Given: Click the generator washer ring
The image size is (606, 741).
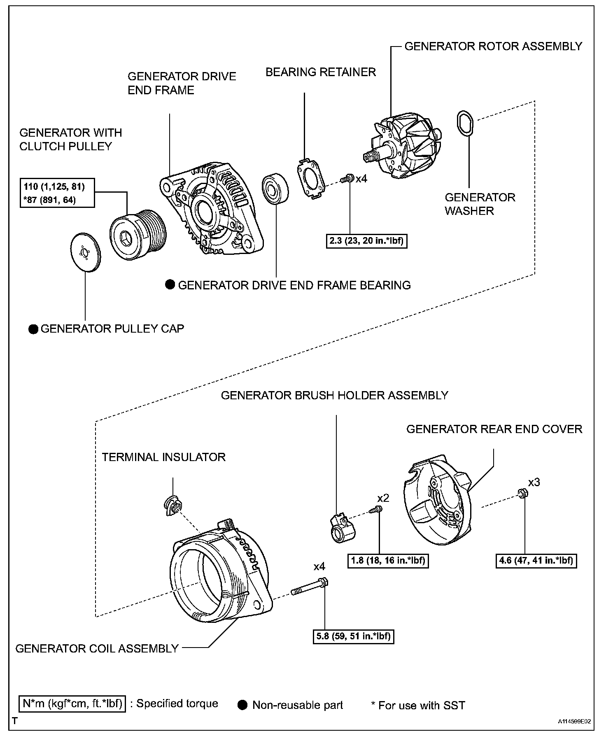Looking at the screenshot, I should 466,123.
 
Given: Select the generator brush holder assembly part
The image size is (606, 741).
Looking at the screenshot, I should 342,529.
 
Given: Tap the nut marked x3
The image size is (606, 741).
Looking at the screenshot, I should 521,493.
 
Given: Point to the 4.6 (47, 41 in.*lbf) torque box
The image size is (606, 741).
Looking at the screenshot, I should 536,560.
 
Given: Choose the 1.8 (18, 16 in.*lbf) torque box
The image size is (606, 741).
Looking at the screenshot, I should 388,560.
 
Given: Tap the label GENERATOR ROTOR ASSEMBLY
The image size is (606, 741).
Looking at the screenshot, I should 493,46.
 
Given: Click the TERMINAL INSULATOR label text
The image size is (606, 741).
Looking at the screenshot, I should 164,457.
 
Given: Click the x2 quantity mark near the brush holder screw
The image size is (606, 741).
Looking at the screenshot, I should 383,498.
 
